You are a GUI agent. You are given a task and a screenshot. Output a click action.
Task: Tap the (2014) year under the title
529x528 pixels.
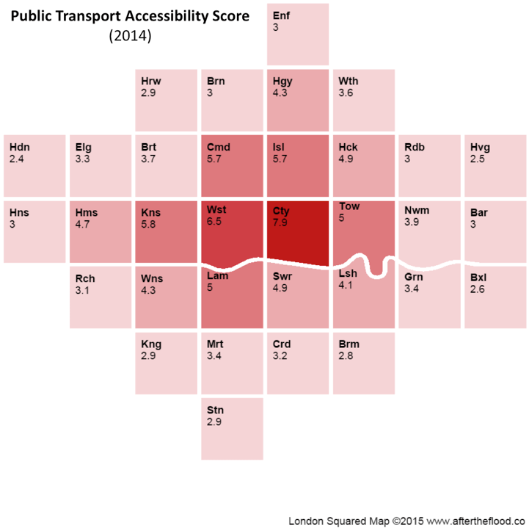pos(130,36)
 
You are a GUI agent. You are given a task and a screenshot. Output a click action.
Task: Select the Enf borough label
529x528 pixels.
pos(281,15)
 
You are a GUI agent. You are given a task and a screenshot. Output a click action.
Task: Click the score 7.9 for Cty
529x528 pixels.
pos(280,223)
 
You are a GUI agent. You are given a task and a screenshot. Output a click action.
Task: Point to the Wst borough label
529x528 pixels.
pos(216,209)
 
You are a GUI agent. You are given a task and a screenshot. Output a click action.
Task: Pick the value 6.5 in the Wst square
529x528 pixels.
pos(214,222)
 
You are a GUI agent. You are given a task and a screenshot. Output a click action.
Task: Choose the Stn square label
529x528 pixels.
pos(215,411)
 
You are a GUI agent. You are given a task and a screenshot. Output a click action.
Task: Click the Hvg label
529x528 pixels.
pos(480,148)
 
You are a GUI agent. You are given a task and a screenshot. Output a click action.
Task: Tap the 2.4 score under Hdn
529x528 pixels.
pos(17,159)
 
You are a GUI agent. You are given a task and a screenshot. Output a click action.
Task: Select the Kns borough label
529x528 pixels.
pos(151,213)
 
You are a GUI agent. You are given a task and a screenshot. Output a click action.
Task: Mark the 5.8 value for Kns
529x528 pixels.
pos(148,224)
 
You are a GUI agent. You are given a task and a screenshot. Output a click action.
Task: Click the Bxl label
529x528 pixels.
pos(478,278)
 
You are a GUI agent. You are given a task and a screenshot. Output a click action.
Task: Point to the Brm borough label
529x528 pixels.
pos(349,344)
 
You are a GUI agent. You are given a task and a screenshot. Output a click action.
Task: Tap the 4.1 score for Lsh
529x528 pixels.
pos(346,285)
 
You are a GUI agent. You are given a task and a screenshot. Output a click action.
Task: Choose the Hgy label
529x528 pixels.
pos(282,82)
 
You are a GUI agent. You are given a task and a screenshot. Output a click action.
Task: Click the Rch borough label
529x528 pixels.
pos(85,279)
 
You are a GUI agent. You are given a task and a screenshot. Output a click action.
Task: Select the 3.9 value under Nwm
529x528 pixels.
pos(412,222)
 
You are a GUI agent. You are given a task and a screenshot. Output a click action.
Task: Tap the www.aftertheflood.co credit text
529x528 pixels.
pos(477,521)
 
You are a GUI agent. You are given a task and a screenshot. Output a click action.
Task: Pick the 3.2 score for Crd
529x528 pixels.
pos(280,356)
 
